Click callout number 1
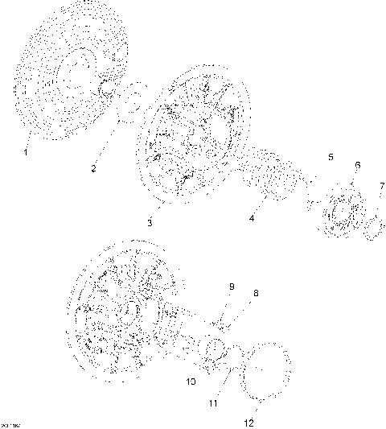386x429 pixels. coord(25,151)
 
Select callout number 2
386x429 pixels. coord(94,167)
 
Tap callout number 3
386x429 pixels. coord(150,221)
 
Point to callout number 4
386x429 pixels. coord(252,217)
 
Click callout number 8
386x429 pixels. coord(256,294)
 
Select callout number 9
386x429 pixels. coord(232,286)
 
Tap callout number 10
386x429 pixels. coord(191,381)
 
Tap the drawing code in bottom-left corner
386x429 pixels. coord(10,424)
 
